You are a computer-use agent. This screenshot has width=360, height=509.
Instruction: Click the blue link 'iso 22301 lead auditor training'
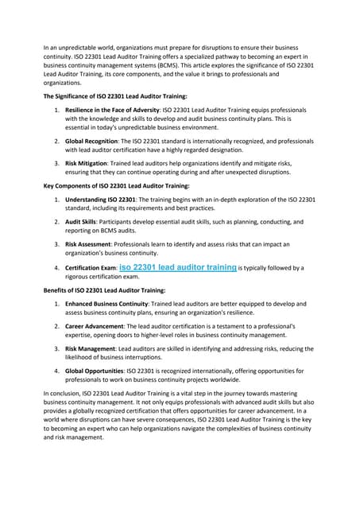177,268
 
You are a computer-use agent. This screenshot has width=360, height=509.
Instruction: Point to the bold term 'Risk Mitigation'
87,163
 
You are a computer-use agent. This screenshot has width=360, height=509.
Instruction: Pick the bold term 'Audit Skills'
81,223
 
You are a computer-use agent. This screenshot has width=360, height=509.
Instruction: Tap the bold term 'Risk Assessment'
89,244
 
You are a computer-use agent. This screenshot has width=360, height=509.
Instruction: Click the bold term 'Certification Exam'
91,269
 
